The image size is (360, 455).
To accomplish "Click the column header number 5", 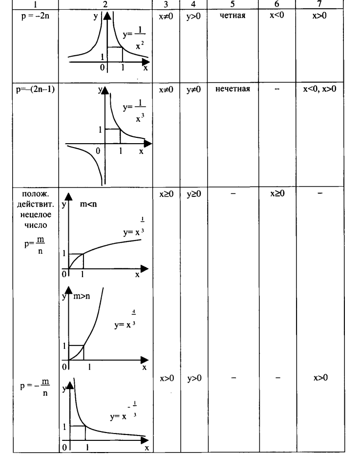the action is click(x=233, y=4).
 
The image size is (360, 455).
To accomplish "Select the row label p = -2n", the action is click(x=35, y=16).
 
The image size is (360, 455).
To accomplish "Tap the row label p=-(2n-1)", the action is click(x=35, y=89).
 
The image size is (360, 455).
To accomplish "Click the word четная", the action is click(x=233, y=15).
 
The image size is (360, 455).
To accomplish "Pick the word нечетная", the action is click(x=233, y=89).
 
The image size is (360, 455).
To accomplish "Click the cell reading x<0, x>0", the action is click(x=319, y=89).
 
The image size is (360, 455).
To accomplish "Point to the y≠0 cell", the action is click(x=193, y=89).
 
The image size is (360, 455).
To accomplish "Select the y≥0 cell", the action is click(x=194, y=194).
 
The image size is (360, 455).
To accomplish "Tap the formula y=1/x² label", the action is click(x=134, y=38).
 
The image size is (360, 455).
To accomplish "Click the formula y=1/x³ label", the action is click(x=134, y=111).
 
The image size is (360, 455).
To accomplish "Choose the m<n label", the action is click(x=88, y=204).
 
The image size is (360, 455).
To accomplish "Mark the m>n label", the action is click(x=82, y=296).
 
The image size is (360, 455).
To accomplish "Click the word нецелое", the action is click(x=36, y=215).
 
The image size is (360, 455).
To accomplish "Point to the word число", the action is click(x=36, y=225).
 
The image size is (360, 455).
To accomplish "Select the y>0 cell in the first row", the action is click(x=193, y=16).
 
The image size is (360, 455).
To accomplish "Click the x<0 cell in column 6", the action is click(x=277, y=15).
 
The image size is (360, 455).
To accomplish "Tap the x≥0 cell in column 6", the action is click(x=277, y=193).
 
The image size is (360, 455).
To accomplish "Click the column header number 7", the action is click(x=319, y=3).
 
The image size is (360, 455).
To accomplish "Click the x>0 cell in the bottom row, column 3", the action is click(x=167, y=378).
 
